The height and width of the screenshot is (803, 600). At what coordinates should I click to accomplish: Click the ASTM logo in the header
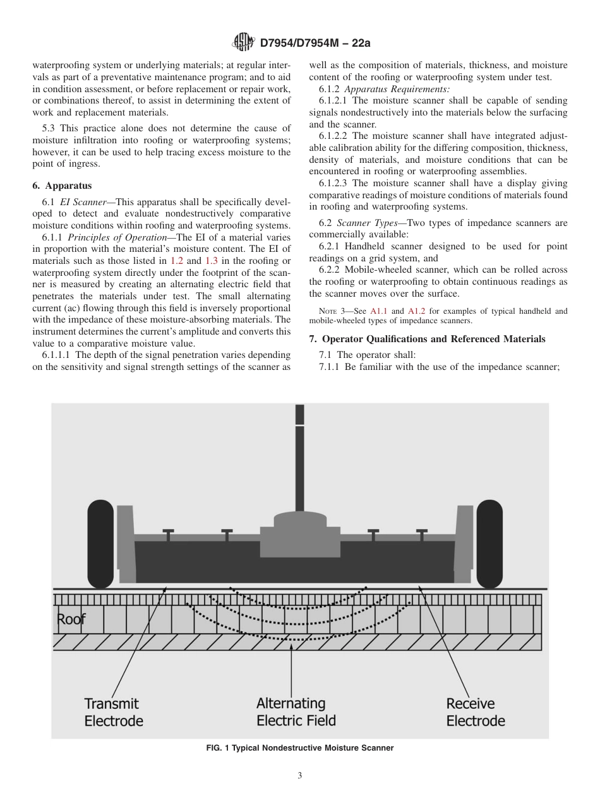click(x=243, y=42)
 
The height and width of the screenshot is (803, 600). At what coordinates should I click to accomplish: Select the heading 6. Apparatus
click(x=62, y=186)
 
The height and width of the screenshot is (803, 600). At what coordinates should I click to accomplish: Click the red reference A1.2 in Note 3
click(x=417, y=311)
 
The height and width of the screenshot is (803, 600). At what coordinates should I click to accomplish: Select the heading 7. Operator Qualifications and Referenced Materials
click(x=427, y=339)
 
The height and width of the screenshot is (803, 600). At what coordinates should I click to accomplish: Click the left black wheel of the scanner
click(x=100, y=544)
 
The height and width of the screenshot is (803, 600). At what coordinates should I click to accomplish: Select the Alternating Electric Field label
click(x=296, y=712)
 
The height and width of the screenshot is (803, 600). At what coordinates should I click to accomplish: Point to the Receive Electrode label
click(x=475, y=712)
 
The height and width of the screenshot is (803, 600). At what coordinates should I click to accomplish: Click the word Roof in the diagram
click(x=71, y=619)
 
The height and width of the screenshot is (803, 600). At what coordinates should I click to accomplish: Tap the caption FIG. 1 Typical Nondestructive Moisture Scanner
click(x=299, y=748)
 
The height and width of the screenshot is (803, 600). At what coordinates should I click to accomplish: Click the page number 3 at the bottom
click(x=300, y=776)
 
